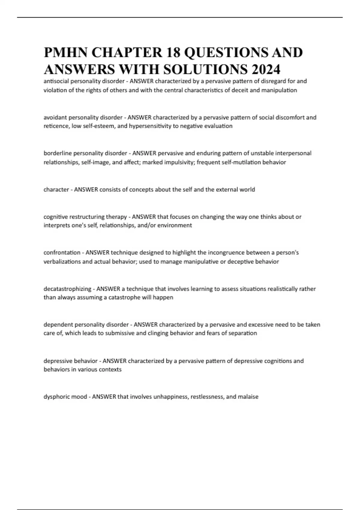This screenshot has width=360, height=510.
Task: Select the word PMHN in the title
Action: [x=66, y=52]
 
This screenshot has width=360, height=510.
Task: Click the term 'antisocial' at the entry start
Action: [x=56, y=81]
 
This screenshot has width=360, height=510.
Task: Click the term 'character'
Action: [x=56, y=190]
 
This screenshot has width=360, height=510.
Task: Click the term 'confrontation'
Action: [x=62, y=253]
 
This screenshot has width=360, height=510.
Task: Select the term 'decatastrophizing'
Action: [x=67, y=289]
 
